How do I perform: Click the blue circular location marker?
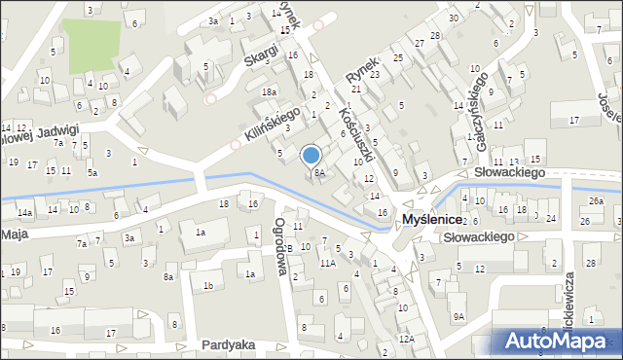[x=311, y=155]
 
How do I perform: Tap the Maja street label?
[x=13, y=234]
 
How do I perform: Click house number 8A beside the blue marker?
[x=318, y=173]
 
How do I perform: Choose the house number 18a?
[x=269, y=91]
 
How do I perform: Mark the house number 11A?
[x=328, y=262]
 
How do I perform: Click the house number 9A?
[x=458, y=316]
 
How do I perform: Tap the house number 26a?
[x=596, y=201]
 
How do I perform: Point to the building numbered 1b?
[x=207, y=285]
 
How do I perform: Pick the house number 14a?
[x=24, y=212]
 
